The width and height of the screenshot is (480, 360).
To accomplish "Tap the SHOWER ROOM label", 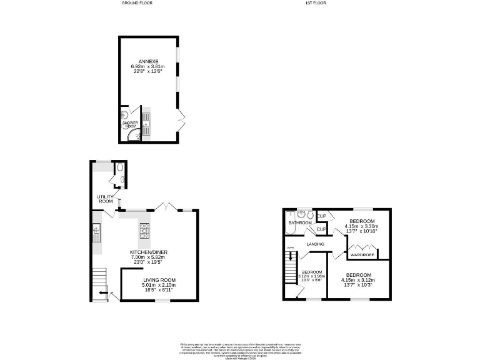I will (x=130, y=124).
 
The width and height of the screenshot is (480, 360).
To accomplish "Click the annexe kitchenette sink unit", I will (x=146, y=122).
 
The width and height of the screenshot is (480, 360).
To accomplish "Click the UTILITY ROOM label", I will (x=105, y=199).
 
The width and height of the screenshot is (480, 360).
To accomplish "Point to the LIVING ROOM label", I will (x=159, y=280).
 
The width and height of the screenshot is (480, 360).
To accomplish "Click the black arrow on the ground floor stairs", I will (x=102, y=292).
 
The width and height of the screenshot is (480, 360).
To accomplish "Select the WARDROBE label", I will (x=362, y=255).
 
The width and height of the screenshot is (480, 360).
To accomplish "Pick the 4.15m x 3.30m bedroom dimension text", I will (x=362, y=227).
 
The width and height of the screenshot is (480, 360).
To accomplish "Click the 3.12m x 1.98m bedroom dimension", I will (x=312, y=276).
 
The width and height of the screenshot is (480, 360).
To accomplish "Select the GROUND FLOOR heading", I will (x=136, y=3).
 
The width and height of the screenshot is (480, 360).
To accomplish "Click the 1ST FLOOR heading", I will (x=316, y=3).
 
